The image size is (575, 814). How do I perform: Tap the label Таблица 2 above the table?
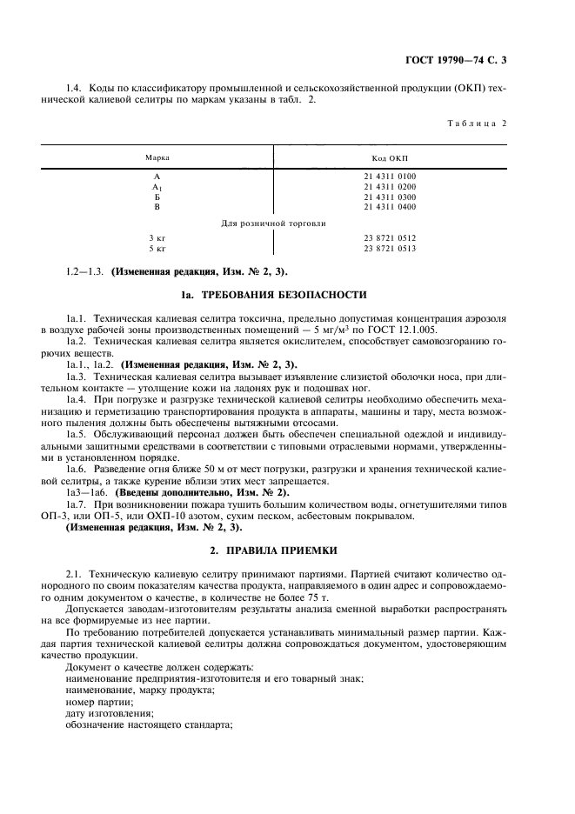click(x=477, y=123)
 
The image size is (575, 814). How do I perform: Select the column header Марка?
click(x=157, y=157)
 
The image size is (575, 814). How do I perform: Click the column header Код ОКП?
click(x=391, y=157)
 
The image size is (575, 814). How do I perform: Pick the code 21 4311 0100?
click(x=391, y=177)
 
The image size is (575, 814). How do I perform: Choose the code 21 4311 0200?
click(x=391, y=186)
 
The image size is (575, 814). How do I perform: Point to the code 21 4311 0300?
click(x=391, y=197)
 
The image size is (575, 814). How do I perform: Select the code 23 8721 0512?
click(x=391, y=238)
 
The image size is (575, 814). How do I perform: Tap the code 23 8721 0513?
click(x=391, y=249)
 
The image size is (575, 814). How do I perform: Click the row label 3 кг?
click(x=157, y=238)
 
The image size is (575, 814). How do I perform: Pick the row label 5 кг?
click(x=157, y=249)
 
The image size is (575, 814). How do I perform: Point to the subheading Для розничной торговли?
click(x=273, y=224)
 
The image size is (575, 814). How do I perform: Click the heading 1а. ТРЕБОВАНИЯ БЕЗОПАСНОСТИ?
click(x=273, y=295)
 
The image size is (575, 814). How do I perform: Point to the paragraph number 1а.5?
click(x=77, y=433)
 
